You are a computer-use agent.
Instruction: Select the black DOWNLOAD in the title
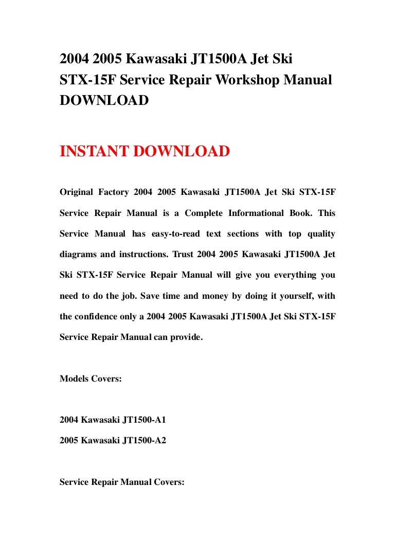click(x=104, y=100)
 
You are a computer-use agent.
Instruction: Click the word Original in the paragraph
click(x=77, y=192)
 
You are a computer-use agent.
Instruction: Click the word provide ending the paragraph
click(x=186, y=337)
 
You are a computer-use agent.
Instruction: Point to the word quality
click(x=321, y=234)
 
